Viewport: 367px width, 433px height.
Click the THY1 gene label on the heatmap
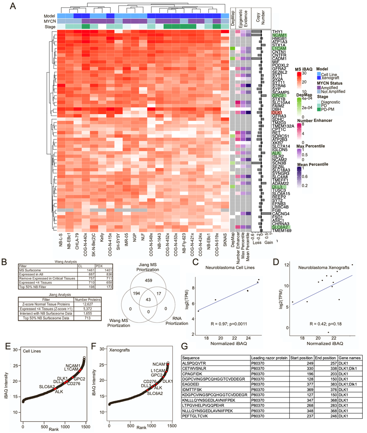(x=277, y=32)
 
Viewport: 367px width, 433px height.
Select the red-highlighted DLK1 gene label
(x=277, y=112)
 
